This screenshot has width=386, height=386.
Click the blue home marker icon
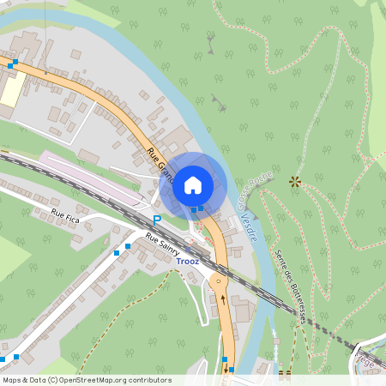pos(193,184)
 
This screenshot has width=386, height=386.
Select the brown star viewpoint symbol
pos(295,181)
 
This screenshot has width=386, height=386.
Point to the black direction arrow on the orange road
pos(224,299)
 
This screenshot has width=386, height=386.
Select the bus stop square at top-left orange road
pos(11,64)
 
